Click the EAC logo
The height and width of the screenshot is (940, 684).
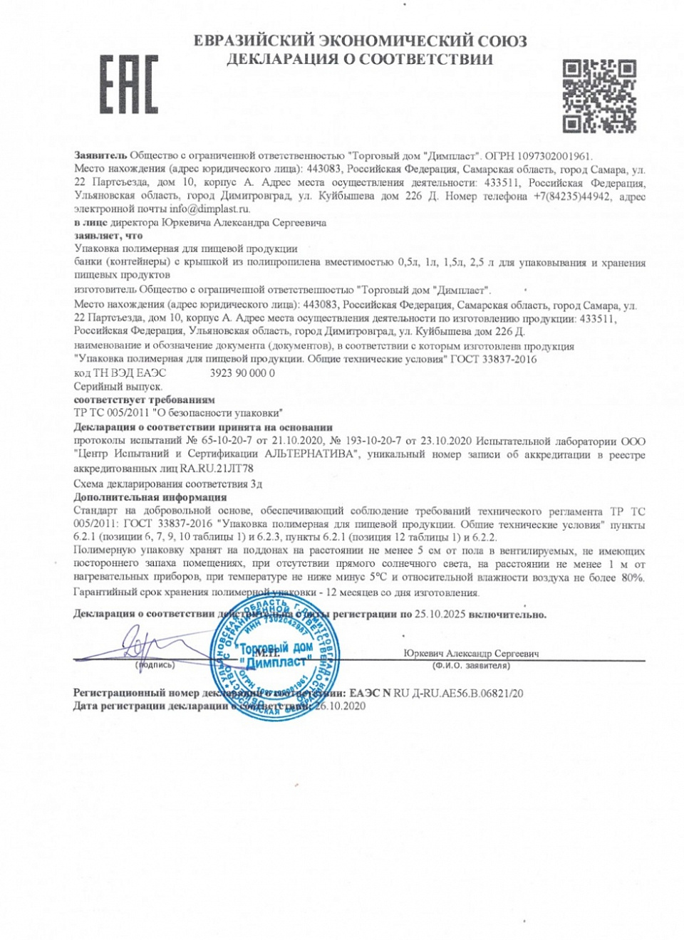(128, 84)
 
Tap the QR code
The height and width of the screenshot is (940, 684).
(598, 96)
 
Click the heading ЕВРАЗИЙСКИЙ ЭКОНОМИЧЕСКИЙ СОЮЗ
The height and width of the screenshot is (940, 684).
(360, 41)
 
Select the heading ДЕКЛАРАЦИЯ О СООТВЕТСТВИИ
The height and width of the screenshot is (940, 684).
(360, 60)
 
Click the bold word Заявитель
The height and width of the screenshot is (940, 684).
(100, 155)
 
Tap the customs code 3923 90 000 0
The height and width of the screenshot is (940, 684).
(242, 373)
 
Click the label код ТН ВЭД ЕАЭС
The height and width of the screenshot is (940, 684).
(120, 373)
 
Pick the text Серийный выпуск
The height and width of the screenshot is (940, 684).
(118, 387)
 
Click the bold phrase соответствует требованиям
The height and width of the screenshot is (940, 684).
(144, 400)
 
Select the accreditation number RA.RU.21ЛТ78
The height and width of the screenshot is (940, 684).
(217, 469)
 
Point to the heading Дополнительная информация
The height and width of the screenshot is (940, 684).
(150, 497)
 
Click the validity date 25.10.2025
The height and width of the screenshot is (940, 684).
(440, 615)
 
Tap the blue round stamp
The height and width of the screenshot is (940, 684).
(274, 659)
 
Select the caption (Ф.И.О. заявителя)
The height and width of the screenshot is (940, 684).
(471, 666)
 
